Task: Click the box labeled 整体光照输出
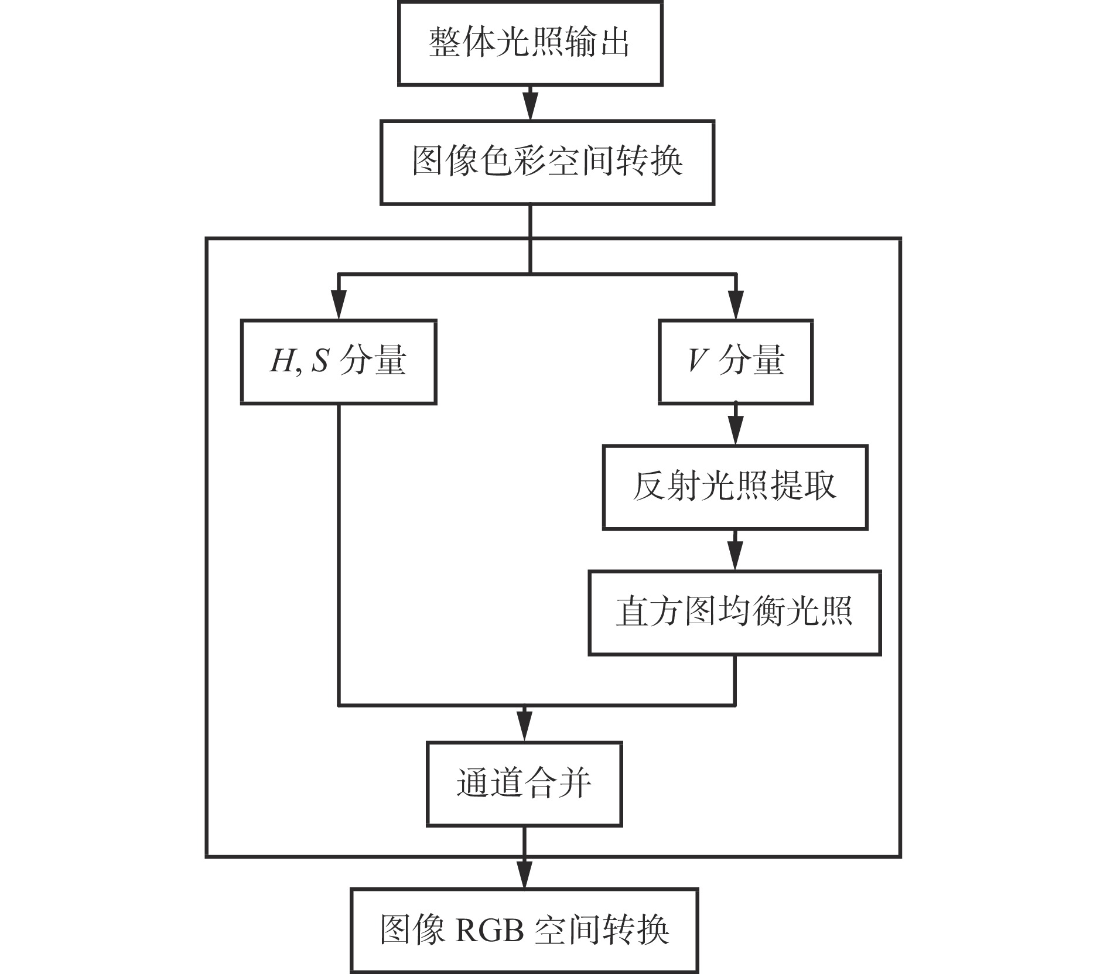pyautogui.click(x=530, y=43)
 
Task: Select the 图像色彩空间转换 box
pyautogui.click(x=547, y=162)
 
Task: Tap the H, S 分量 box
pyautogui.click(x=339, y=361)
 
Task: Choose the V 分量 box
pyautogui.click(x=736, y=361)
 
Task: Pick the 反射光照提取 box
pyautogui.click(x=735, y=487)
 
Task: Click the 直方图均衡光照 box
pyautogui.click(x=734, y=612)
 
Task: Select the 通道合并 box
pyautogui.click(x=524, y=784)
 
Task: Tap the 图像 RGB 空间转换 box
pyautogui.click(x=524, y=930)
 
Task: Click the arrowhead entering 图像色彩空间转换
pyautogui.click(x=530, y=107)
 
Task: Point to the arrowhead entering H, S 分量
pyautogui.click(x=339, y=305)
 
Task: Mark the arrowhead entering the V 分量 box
pyautogui.click(x=736, y=305)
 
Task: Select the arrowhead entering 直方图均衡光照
pyautogui.click(x=735, y=556)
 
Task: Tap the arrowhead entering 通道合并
pyautogui.click(x=524, y=728)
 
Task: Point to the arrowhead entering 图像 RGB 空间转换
pyautogui.click(x=524, y=874)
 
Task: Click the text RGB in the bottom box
pyautogui.click(x=489, y=930)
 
